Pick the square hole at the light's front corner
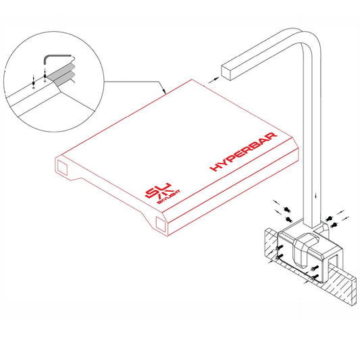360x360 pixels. [x=160, y=225]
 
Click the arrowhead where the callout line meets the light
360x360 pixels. [x=163, y=91]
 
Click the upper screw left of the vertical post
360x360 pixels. [x=286, y=208]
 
